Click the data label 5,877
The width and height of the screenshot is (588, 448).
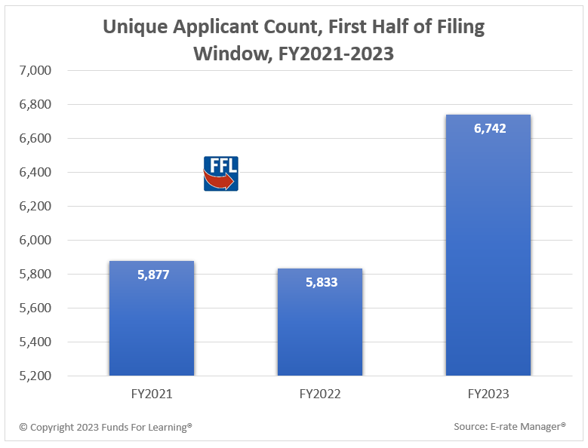153,275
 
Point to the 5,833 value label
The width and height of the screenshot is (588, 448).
322,283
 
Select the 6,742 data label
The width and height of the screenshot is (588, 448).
490,128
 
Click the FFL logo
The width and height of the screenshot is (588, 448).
221,173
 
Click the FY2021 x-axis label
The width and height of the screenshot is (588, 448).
152,394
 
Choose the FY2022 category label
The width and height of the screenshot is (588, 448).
320,394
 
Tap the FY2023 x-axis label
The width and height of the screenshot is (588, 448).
488,394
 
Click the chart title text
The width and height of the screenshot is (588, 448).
294,41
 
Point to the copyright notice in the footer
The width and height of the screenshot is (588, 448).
106,427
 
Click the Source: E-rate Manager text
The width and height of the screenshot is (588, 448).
509,427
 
